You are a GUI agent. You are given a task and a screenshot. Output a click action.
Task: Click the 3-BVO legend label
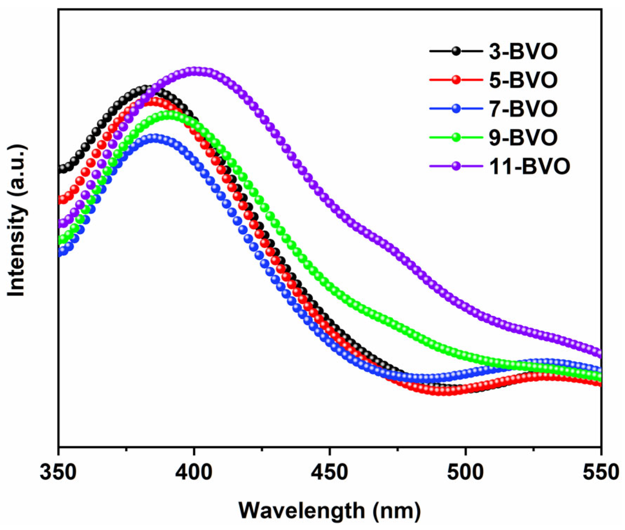coord(523,51)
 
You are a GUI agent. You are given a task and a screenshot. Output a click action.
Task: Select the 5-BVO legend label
coord(523,80)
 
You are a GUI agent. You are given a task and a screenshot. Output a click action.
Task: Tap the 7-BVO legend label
coord(523,109)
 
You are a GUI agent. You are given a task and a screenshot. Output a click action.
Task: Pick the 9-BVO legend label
coord(523,137)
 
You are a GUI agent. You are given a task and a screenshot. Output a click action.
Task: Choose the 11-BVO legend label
coord(529,166)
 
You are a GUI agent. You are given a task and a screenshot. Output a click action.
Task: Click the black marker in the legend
coord(456,51)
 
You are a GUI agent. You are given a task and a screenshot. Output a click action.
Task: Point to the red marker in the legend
coord(456,80)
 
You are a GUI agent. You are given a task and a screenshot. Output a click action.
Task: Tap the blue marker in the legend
coord(456,109)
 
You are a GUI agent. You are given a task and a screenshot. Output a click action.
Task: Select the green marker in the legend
coord(456,137)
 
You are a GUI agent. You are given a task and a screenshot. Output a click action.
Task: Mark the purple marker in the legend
coord(456,166)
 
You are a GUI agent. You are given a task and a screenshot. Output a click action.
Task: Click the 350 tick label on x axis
coord(58,472)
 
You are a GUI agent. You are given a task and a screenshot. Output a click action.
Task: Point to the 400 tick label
coord(194,472)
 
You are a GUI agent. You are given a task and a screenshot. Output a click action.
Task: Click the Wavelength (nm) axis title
coord(329,510)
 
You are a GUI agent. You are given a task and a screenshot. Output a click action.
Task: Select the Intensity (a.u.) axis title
coord(16,221)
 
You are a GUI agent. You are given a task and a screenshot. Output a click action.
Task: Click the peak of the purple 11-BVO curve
coord(197,71)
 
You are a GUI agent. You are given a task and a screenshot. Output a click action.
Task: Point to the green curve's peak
coord(169,114)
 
